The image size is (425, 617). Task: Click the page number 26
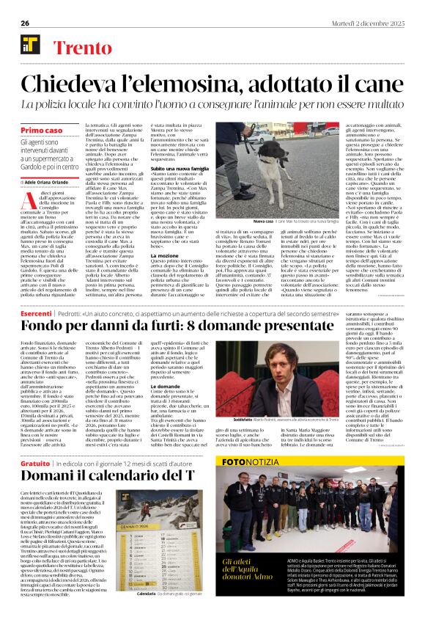(x=25, y=22)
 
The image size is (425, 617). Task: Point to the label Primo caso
(x=42, y=129)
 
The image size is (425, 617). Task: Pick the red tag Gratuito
(x=35, y=464)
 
